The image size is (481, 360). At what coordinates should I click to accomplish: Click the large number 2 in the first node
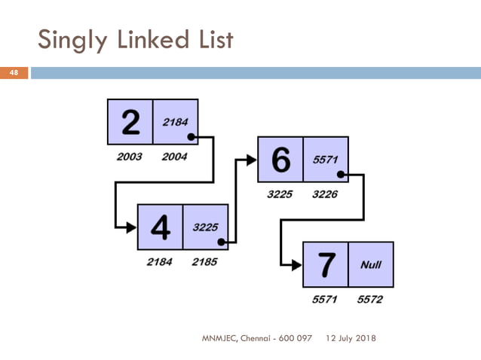pos(130,122)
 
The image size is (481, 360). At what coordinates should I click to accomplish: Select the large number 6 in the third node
pos(280,160)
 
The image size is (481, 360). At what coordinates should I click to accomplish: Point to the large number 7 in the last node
pos(326,264)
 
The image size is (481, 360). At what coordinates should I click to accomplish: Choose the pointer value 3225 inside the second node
pos(205,227)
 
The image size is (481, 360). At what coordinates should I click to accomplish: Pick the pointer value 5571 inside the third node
pos(326,159)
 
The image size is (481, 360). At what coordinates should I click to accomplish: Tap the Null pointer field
pos(371,264)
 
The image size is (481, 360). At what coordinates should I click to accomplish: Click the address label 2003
pos(130,157)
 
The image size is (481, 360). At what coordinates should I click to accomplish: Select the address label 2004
pos(175,157)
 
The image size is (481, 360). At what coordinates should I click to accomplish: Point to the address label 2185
pos(205,262)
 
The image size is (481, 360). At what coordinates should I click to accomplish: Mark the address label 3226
pos(326,194)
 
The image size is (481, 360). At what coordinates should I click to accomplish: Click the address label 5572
pos(370,300)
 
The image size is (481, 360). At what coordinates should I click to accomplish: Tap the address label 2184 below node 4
pos(160,262)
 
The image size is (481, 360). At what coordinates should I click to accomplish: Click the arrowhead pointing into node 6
pos(252,160)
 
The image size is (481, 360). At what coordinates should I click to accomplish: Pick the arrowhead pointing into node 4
pos(131,227)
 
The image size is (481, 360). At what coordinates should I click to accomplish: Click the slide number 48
pos(13,73)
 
